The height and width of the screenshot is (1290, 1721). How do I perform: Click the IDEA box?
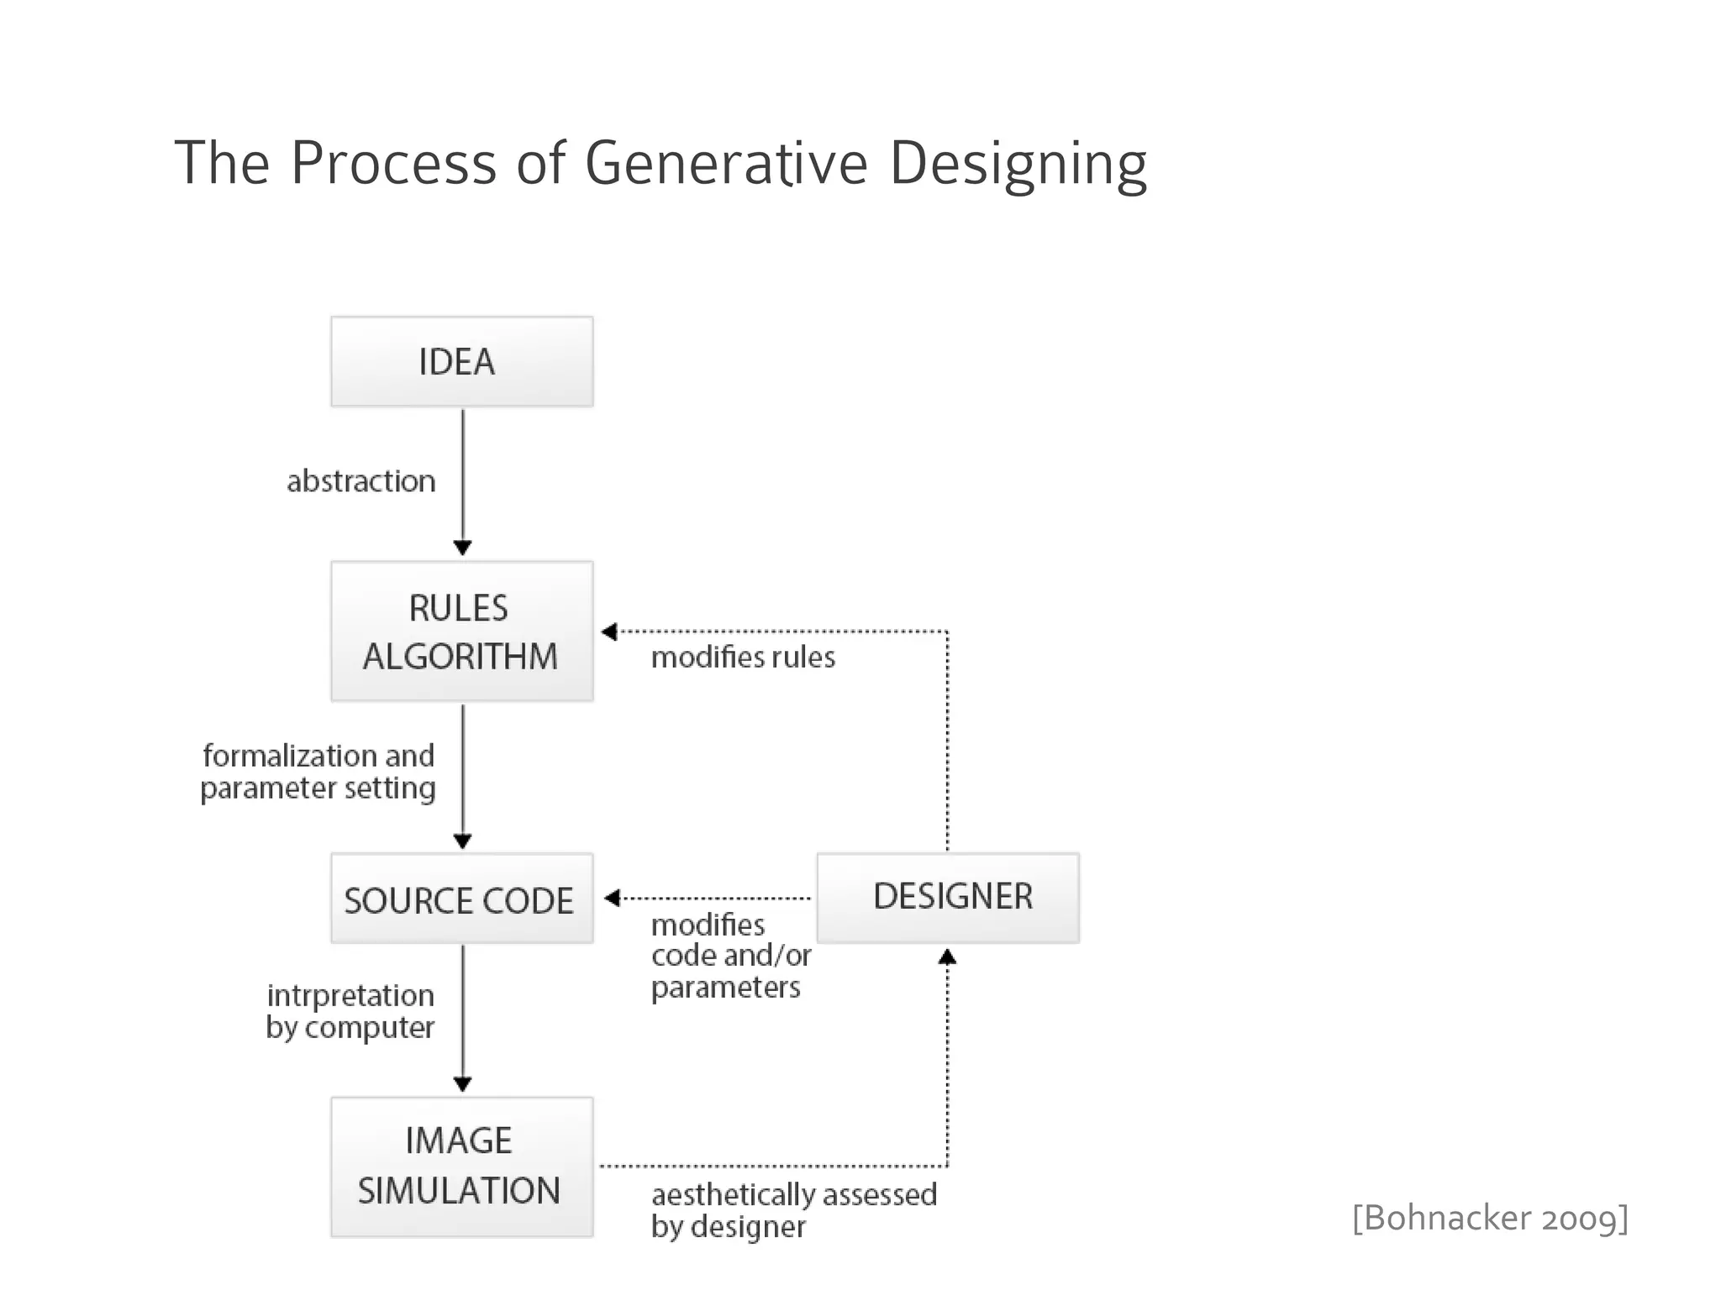[x=461, y=362]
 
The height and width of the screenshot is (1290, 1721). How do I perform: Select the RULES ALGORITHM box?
[x=461, y=632]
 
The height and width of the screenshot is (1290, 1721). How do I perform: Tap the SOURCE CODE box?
[x=461, y=899]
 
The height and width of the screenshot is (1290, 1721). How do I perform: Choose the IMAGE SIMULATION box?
[x=461, y=1167]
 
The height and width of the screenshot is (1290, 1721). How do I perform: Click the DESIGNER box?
[x=948, y=898]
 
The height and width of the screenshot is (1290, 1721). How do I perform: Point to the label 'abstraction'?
[x=361, y=481]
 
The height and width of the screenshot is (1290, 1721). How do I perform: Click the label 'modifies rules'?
[x=743, y=658]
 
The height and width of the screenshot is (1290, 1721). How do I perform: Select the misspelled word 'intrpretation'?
[x=350, y=996]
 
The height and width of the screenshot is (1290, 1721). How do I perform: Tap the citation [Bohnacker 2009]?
[x=1490, y=1218]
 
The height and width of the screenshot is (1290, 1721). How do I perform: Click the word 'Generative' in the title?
[x=726, y=163]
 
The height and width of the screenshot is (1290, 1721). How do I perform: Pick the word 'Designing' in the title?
[x=1018, y=163]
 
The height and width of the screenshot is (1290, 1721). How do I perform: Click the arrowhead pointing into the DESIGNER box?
[x=947, y=957]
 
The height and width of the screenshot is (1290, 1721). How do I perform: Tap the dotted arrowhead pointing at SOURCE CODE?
[x=613, y=898]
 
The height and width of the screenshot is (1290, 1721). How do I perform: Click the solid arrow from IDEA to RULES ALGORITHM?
[x=462, y=479]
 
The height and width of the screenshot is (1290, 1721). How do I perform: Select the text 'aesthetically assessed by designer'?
[x=793, y=1210]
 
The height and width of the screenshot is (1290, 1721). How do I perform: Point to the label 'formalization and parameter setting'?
[x=318, y=772]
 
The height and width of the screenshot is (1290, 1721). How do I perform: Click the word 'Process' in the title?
[x=393, y=163]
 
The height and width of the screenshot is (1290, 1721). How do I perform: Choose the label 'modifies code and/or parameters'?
[x=730, y=956]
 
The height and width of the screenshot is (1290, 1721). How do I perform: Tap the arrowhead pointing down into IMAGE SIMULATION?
[x=462, y=1084]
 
